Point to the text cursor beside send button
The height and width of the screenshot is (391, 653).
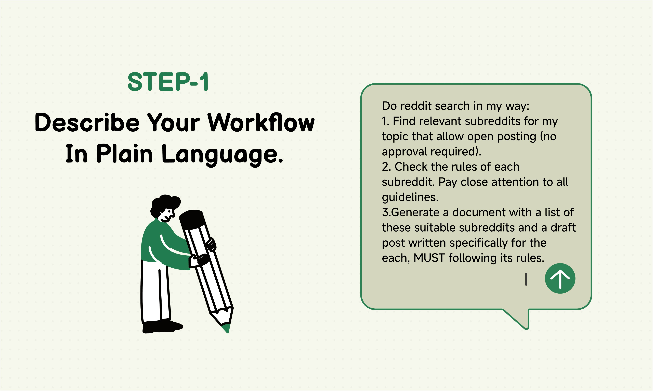pos(526,279)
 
